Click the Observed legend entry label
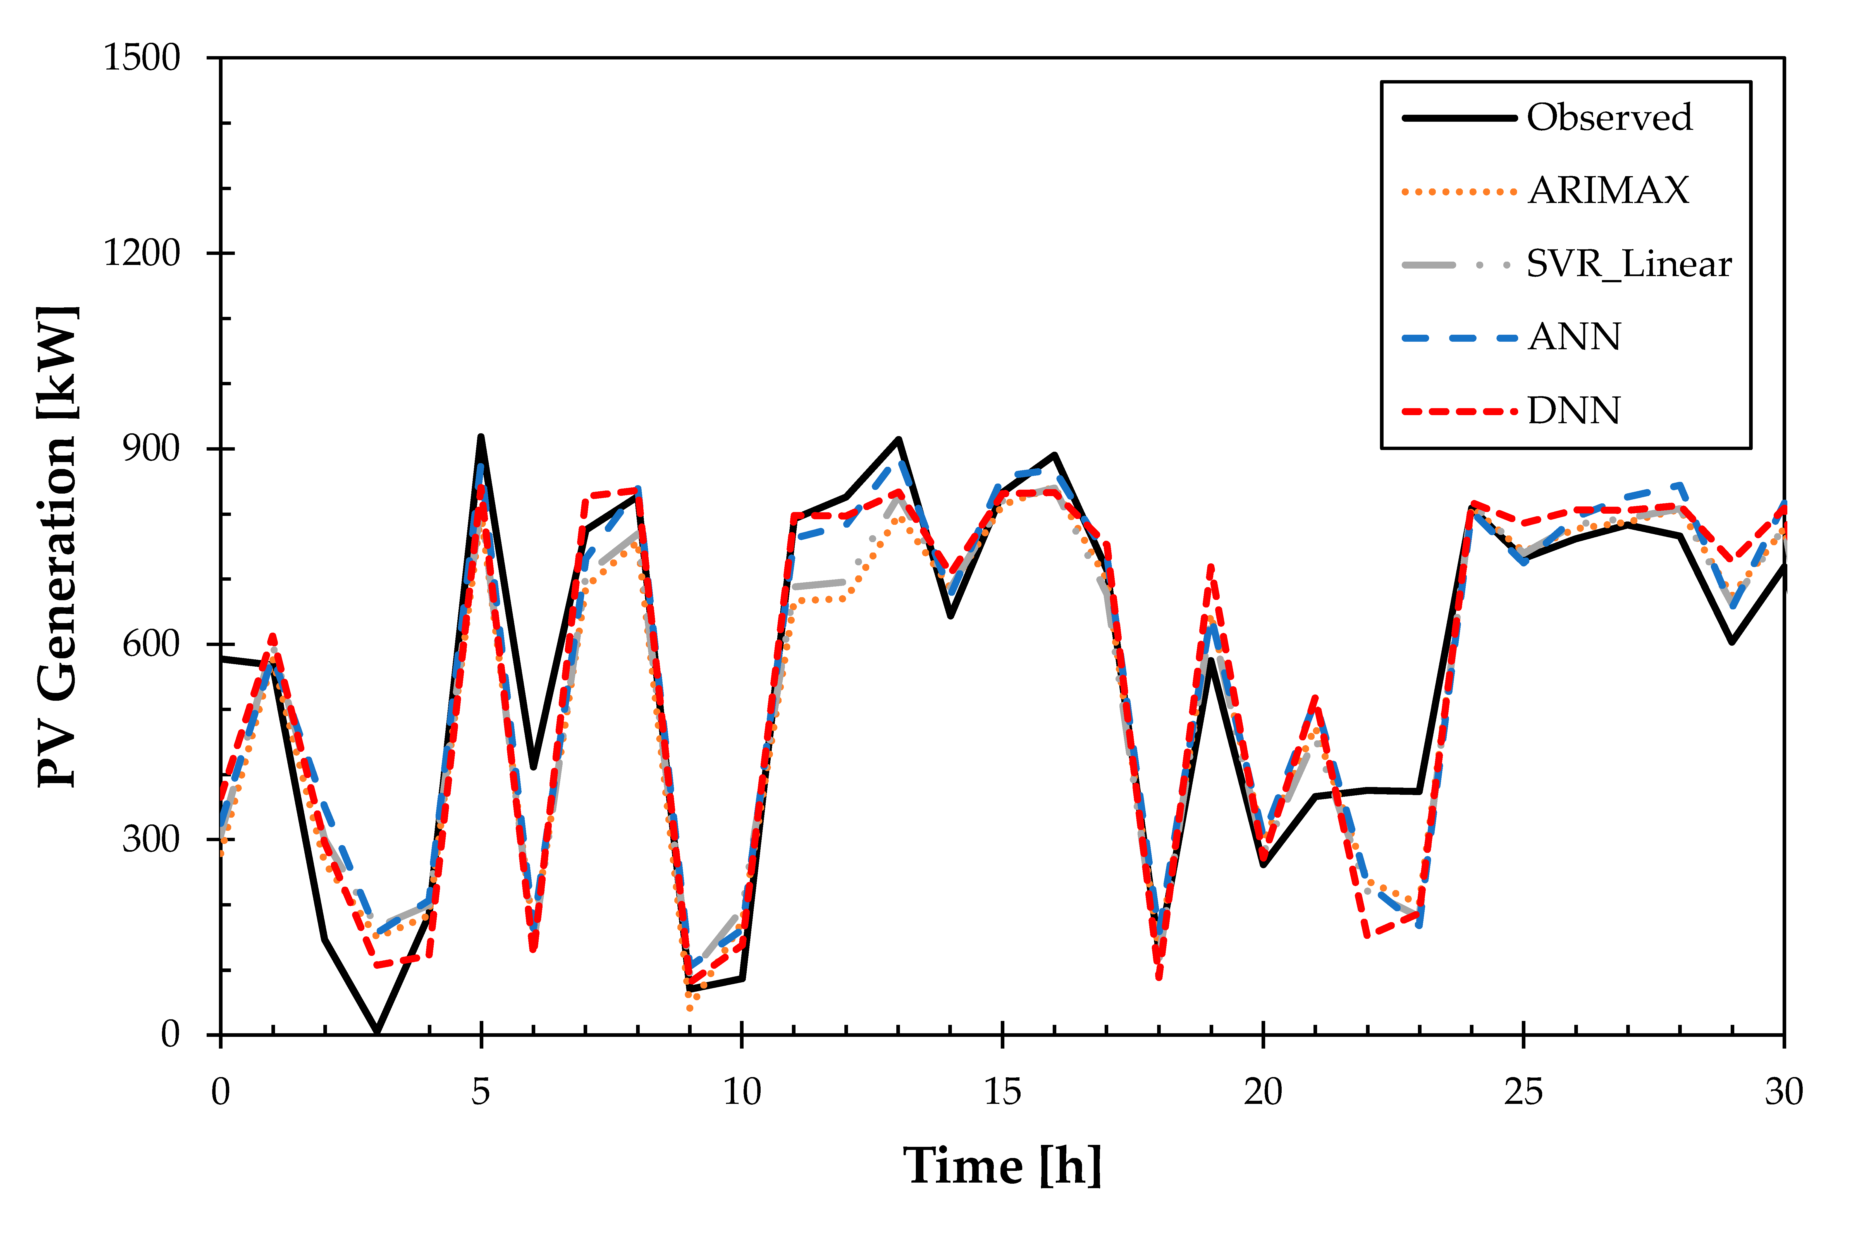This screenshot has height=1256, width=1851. tap(1609, 118)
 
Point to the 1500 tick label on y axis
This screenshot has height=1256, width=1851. tap(142, 58)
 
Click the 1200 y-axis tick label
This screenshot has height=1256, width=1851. tap(142, 253)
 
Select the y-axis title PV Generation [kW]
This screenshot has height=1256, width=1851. tap(57, 546)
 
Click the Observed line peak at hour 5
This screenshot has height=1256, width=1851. tap(481, 437)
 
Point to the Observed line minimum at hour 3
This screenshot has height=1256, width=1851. tap(377, 1032)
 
